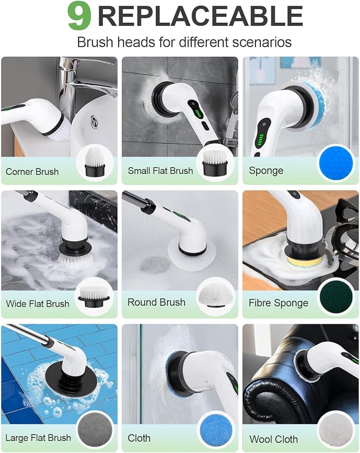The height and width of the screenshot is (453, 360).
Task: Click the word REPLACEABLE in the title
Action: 200,16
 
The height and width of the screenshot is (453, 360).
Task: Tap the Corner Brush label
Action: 32,172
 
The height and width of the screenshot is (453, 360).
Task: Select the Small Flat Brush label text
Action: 160,171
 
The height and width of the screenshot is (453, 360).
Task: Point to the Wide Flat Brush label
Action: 37,304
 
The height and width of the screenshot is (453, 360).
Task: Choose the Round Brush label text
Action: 156,303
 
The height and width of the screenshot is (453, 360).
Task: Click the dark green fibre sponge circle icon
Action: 335,297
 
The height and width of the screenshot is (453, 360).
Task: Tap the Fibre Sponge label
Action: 278,303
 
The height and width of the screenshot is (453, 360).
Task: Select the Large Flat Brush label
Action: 38,438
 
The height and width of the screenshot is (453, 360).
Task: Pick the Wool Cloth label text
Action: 274,439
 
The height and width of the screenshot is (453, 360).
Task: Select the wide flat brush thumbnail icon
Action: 94,297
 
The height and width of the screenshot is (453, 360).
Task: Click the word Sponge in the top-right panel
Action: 266,171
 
